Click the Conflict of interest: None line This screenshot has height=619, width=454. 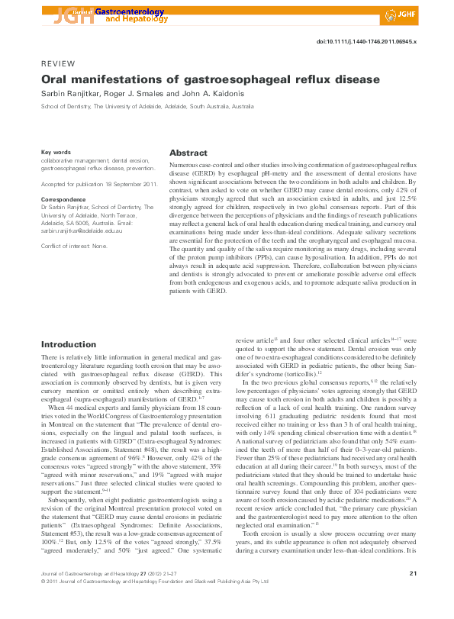74,245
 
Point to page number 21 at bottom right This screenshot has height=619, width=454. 413,595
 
